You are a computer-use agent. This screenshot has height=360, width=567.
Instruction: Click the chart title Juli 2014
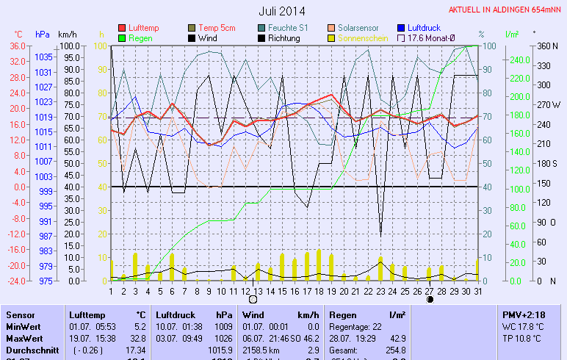(x=282, y=11)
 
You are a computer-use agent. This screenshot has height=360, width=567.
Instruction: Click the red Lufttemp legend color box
(x=122, y=28)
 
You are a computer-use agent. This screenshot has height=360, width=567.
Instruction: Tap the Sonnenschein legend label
(x=363, y=37)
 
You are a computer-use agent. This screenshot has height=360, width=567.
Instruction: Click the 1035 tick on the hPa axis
(x=43, y=57)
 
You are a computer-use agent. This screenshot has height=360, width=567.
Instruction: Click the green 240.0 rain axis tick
(x=519, y=60)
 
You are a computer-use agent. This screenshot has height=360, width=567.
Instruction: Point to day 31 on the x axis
(x=477, y=291)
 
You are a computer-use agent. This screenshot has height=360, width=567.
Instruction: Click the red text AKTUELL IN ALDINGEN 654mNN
(x=506, y=10)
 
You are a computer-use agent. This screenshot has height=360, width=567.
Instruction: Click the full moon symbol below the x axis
(x=253, y=300)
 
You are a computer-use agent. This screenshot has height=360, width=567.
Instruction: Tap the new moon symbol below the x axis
(x=430, y=300)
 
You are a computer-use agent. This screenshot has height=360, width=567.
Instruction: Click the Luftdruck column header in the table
(x=174, y=314)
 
